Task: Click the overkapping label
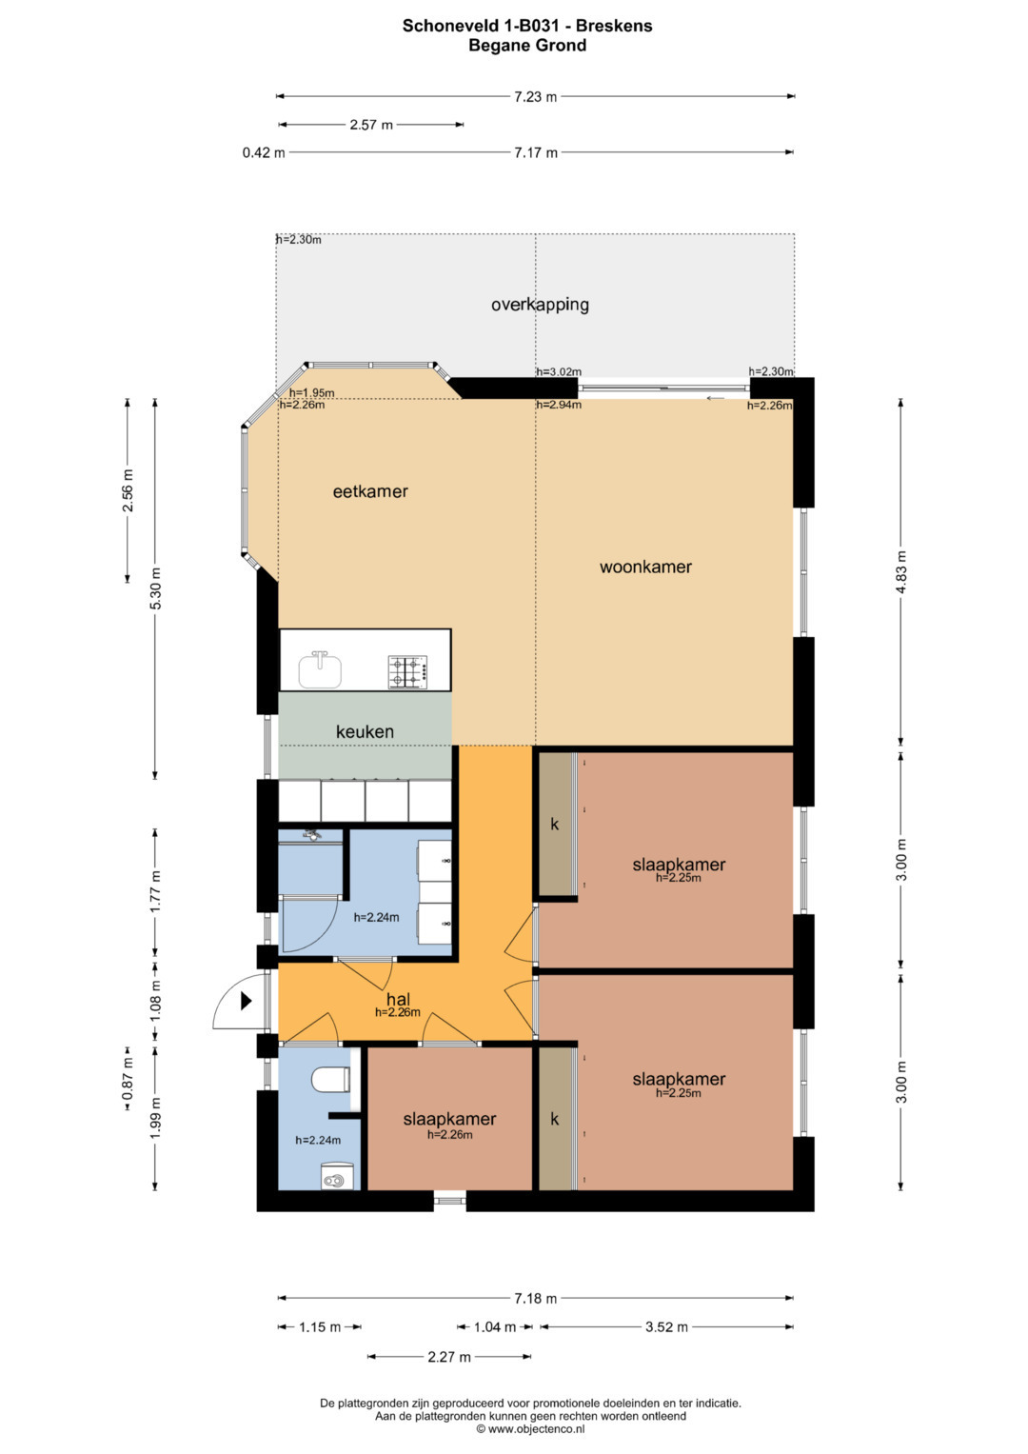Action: pos(540,305)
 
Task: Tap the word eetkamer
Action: pos(370,491)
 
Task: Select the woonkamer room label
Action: pos(645,567)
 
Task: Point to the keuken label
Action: pos(365,731)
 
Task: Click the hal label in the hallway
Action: pos(398,999)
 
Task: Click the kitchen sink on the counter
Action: pos(320,670)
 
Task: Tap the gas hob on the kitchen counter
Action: pos(407,672)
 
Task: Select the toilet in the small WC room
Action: pos(332,1080)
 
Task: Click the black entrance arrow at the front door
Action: pos(246,1001)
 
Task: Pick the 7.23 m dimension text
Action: pos(535,96)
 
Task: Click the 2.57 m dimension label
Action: pos(371,125)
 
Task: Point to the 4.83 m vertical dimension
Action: pos(900,572)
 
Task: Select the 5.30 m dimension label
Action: pos(156,588)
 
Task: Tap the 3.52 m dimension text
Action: pos(666,1326)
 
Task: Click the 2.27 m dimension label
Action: pos(449,1357)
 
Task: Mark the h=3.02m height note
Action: pos(559,372)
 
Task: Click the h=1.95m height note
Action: pos(312,392)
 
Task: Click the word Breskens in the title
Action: pos(614,26)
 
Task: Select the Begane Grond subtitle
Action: pos(527,45)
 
